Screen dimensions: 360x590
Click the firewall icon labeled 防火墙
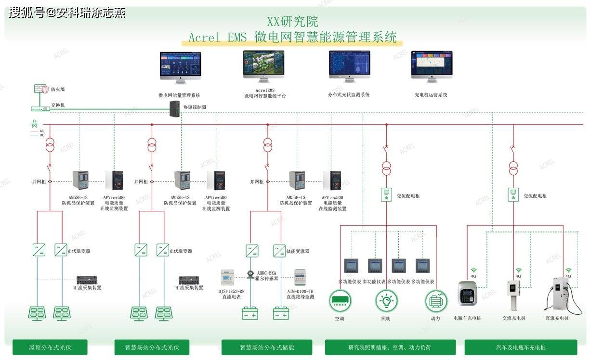(41, 89)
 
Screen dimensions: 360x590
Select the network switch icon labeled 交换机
(40, 108)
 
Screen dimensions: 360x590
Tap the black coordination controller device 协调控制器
(174, 110)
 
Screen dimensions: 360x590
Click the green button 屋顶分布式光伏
(50, 347)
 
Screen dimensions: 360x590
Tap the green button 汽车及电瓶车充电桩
(521, 347)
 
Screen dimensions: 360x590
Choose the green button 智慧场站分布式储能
(267, 347)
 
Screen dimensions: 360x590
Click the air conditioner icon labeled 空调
(340, 301)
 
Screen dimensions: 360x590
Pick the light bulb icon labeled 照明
(386, 301)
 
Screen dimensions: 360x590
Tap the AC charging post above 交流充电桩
(513, 295)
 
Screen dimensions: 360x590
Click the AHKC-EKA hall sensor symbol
(250, 274)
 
